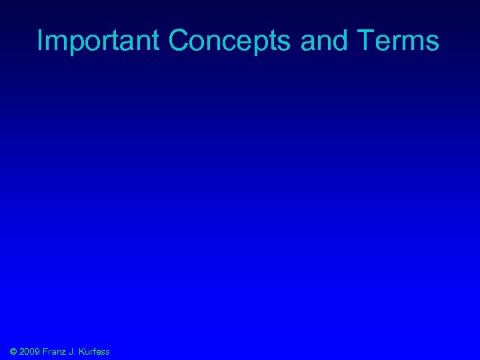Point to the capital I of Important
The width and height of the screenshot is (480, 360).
click(40, 41)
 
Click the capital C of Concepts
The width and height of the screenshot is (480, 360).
click(179, 41)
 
